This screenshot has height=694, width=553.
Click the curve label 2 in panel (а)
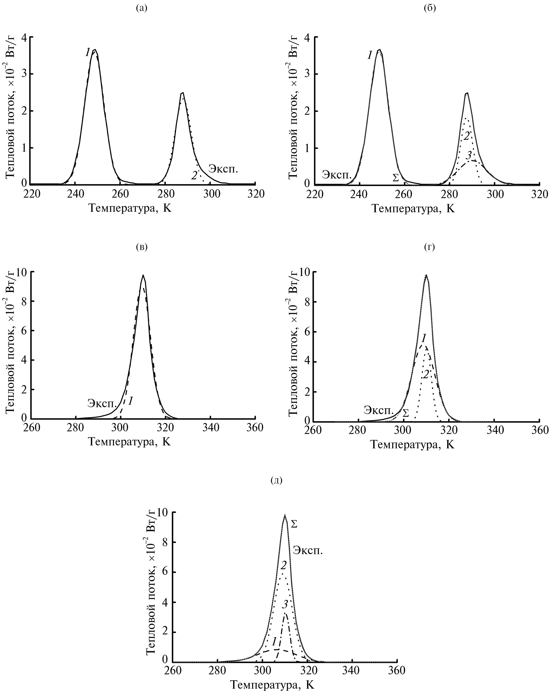click(x=194, y=175)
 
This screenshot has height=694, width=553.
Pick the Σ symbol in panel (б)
click(x=395, y=177)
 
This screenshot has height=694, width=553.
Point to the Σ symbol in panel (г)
click(x=406, y=412)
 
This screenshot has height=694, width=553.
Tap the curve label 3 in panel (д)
click(x=285, y=596)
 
